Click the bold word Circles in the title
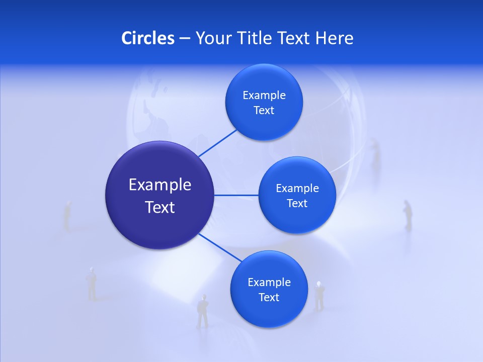click(x=148, y=38)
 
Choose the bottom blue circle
click(x=269, y=314)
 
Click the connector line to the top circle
click(x=218, y=143)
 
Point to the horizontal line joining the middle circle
click(x=236, y=195)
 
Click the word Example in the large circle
click(x=160, y=185)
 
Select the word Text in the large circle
click(x=160, y=207)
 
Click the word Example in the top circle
click(x=264, y=95)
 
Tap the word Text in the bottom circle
click(x=269, y=297)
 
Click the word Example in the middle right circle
click(x=297, y=188)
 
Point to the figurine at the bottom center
click(x=203, y=311)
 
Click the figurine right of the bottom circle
click(x=319, y=296)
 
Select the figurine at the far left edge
click(x=67, y=215)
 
